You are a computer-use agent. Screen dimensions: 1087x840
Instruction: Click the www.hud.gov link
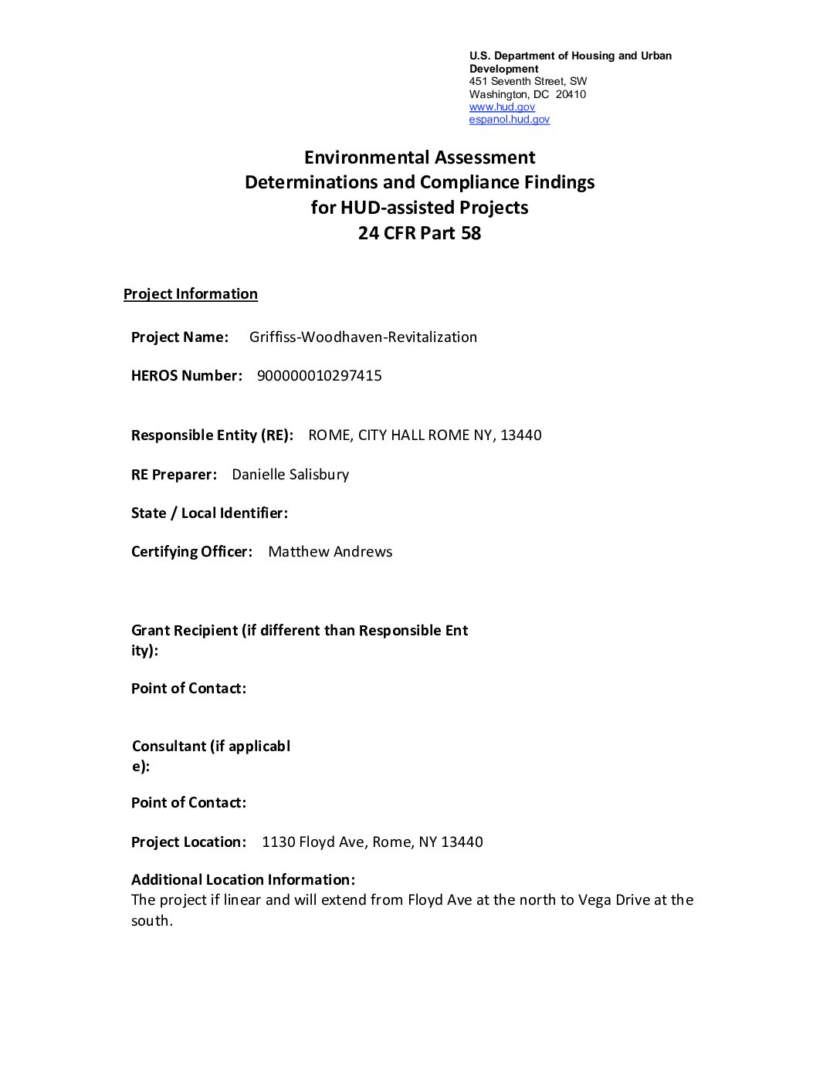(502, 107)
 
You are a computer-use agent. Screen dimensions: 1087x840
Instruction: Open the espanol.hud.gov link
(510, 119)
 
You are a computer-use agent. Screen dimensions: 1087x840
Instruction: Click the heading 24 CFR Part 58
(419, 232)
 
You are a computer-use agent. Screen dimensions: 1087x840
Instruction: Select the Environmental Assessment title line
(419, 157)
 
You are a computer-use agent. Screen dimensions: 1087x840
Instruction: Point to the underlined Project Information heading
(190, 293)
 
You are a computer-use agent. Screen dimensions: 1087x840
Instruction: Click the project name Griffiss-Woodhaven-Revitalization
(363, 337)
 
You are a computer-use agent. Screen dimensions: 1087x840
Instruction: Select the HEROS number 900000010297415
(319, 375)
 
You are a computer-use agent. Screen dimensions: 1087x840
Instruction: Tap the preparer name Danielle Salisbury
(290, 474)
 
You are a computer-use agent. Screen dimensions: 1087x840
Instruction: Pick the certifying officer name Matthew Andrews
(330, 551)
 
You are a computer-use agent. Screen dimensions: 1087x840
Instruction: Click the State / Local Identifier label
(209, 513)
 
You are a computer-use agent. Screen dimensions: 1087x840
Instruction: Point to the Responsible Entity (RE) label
(212, 435)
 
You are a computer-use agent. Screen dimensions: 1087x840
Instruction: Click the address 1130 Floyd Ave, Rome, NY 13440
(372, 841)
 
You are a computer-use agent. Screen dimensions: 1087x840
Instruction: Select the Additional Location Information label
(243, 879)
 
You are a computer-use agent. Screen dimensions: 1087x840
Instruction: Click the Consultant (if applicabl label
(211, 746)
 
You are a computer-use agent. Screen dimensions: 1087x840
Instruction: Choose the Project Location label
(189, 841)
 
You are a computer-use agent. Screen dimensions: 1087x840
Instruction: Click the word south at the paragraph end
(151, 920)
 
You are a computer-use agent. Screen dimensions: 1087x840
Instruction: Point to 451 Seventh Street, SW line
(528, 81)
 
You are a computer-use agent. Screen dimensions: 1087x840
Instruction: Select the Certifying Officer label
(191, 551)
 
